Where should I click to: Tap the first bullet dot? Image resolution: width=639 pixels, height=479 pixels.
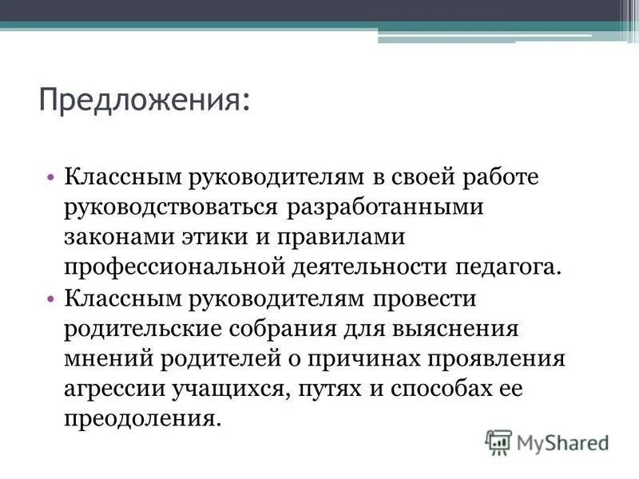50,176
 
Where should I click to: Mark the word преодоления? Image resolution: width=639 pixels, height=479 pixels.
141,419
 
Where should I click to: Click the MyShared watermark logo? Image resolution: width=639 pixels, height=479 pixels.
547,441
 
